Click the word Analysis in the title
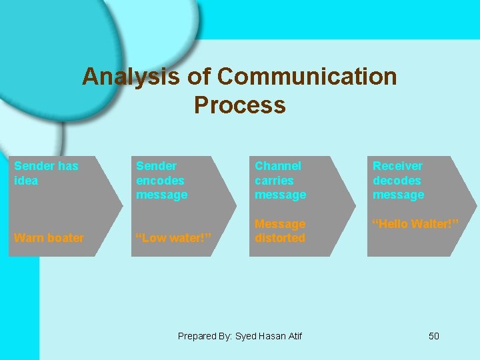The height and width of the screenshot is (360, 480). pyautogui.click(x=131, y=77)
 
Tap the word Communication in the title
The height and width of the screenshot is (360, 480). pyautogui.click(x=307, y=77)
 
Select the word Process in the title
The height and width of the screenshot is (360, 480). pyautogui.click(x=239, y=105)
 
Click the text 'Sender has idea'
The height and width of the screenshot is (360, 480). pyautogui.click(x=45, y=173)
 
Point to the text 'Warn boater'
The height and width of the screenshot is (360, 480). pyautogui.click(x=49, y=238)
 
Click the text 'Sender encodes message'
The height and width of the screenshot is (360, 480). pyautogui.click(x=161, y=180)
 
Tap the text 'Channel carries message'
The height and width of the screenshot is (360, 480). pyautogui.click(x=280, y=180)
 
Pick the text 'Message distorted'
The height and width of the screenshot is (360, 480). pyautogui.click(x=280, y=231)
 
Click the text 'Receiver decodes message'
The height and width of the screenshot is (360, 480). pyautogui.click(x=398, y=180)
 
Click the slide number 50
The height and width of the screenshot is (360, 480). pyautogui.click(x=433, y=336)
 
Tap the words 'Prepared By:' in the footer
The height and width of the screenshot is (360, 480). pyautogui.click(x=205, y=336)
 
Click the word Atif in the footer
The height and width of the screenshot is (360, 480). pyautogui.click(x=293, y=336)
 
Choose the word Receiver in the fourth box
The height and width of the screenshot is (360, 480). pyautogui.click(x=397, y=166)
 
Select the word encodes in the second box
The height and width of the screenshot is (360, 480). pyautogui.click(x=160, y=180)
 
